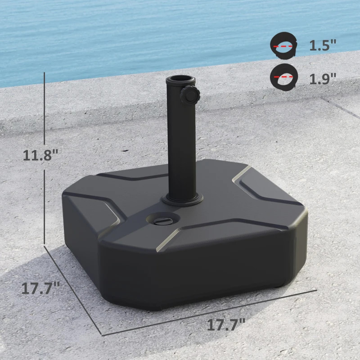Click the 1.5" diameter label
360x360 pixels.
coord(323,45)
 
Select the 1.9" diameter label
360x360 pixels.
coord(323,79)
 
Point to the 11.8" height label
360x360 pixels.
coord(41,155)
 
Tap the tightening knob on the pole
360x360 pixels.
coord(188,94)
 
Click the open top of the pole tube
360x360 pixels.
coord(180,80)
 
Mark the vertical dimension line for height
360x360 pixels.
coord(45,112)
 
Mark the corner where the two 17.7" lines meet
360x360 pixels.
coord(103,335)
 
